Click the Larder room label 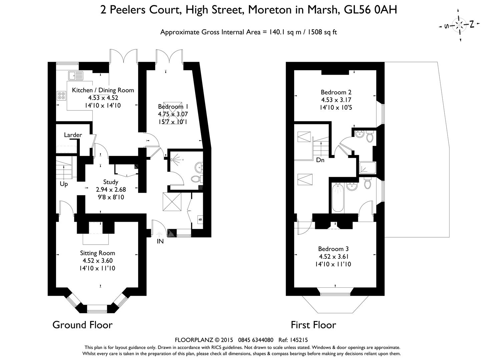pos(73,135)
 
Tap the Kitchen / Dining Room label pos(103,90)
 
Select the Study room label pos(110,182)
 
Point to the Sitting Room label pos(97,253)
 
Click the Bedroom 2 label pos(336,92)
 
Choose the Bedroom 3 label pos(333,249)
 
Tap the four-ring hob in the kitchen pos(61,96)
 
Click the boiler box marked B pos(200,219)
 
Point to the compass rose pos(460,25)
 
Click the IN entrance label pos(160,241)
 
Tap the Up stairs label pos(64,184)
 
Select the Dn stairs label pos(320,160)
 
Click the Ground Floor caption pos(82,325)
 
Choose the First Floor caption pos(313,325)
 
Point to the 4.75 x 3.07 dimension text pos(173,114)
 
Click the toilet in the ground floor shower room pos(196,179)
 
